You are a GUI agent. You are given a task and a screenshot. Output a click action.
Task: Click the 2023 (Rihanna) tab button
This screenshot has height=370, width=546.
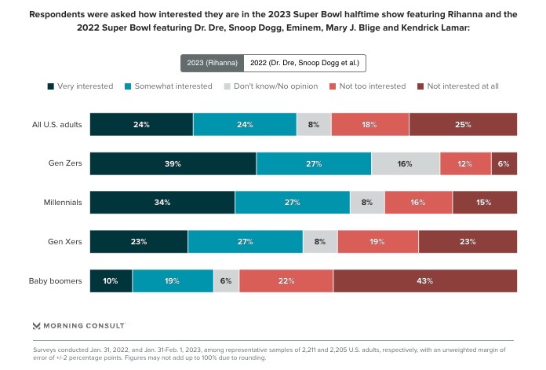tap(212, 64)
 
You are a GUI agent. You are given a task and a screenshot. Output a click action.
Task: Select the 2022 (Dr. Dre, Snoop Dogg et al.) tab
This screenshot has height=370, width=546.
tap(305, 64)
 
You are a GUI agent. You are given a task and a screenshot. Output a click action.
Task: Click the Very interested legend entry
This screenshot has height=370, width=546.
tap(81, 86)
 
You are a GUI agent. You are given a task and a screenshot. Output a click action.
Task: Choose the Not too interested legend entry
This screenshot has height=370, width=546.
tap(367, 86)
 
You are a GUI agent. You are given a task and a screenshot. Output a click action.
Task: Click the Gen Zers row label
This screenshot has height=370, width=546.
tap(64, 163)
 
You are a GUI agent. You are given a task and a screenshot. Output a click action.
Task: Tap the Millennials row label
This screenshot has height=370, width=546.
tap(63, 203)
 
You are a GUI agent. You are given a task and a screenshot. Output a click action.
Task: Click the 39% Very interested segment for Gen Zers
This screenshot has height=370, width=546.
tap(173, 163)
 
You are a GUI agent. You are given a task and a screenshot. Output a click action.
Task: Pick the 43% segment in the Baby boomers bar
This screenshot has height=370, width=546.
tap(424, 280)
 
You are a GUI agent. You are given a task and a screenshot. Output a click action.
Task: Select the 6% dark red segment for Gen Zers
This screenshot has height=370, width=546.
tap(504, 163)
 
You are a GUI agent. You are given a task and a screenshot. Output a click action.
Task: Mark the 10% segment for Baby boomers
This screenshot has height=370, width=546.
tap(111, 280)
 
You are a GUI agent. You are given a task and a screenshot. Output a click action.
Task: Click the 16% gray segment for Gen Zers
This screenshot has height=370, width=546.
tap(405, 163)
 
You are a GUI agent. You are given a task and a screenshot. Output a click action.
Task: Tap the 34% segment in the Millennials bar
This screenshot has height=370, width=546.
tap(162, 203)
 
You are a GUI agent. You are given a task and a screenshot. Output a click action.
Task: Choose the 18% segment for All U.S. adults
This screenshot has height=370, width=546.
tap(369, 124)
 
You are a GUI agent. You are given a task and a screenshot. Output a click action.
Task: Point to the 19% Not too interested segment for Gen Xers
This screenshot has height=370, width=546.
tap(377, 241)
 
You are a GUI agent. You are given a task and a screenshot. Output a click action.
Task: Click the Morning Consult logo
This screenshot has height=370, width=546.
tap(78, 325)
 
